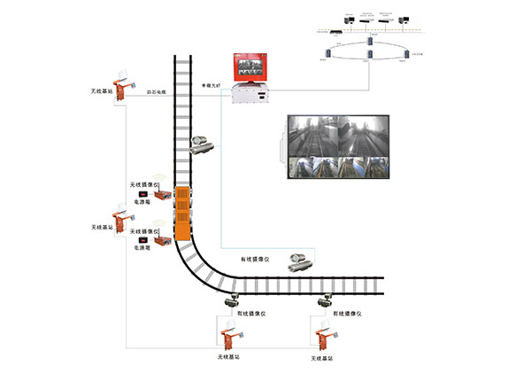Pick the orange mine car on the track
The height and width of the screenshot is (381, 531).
(x=182, y=215)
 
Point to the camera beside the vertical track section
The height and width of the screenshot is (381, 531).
(x=204, y=143)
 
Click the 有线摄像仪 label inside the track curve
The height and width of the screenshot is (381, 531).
(x=257, y=260)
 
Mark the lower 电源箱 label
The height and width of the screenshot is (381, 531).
(x=142, y=249)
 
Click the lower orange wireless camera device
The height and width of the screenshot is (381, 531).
(x=162, y=238)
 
